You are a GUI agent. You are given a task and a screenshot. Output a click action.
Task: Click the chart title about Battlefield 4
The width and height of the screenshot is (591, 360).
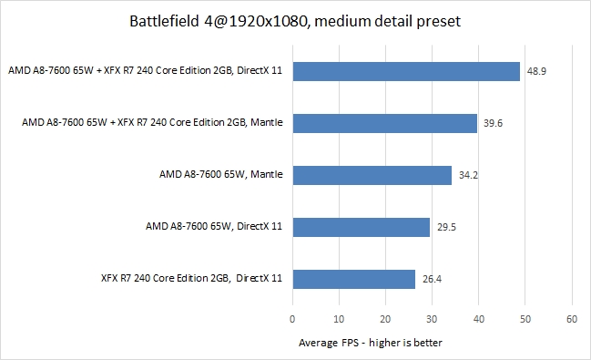click(x=295, y=20)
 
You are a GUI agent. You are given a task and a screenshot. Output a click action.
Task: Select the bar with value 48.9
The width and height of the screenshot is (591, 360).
click(x=406, y=71)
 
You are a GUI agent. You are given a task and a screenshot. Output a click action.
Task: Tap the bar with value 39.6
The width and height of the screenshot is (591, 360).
click(x=384, y=123)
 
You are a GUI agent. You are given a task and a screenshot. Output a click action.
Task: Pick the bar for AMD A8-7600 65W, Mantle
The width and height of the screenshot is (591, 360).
click(x=372, y=175)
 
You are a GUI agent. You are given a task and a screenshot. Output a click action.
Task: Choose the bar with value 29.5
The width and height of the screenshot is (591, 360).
click(x=361, y=227)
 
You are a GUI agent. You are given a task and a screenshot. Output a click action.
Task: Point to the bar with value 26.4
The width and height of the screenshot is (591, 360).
click(x=353, y=279)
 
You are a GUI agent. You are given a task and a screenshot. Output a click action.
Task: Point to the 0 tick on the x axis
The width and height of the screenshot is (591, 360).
click(x=292, y=320)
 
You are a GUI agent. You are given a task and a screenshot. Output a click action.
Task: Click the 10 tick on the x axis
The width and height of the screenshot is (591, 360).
click(x=339, y=320)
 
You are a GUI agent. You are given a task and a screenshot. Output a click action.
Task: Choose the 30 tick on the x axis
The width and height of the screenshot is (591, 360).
click(x=432, y=320)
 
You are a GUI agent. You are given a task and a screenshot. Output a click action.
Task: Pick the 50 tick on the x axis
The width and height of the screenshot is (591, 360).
click(x=525, y=320)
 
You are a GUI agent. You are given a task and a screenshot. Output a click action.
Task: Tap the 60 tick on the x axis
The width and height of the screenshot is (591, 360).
click(x=572, y=320)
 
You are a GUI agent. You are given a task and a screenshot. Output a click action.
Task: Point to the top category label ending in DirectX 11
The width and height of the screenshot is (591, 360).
click(x=145, y=71)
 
